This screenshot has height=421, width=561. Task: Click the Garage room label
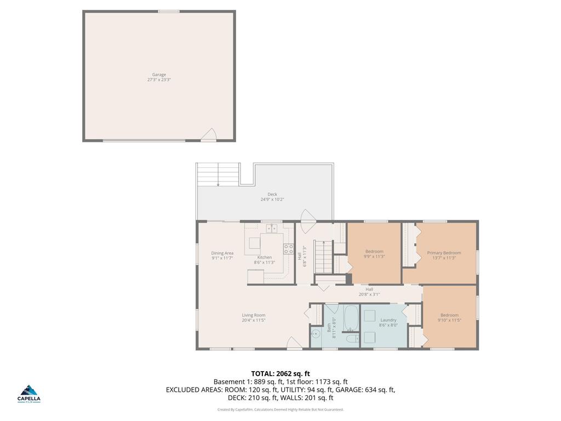pos(159,75)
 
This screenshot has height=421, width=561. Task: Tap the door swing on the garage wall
pos(209,135)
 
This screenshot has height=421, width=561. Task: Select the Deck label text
pos(272,194)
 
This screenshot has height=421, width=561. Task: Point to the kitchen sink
pos(272,227)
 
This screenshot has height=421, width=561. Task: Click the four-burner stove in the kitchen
pos(288,249)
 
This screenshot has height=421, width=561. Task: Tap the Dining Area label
pos(222,253)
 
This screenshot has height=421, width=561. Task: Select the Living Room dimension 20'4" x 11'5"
pos(254,320)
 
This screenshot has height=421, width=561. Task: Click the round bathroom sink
pos(315,333)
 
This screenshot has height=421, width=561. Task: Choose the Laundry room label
pos(388,320)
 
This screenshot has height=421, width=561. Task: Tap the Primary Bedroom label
pos(444,253)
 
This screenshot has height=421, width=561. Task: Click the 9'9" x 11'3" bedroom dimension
pos(374,257)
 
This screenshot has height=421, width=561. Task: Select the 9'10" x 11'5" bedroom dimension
pos(449,320)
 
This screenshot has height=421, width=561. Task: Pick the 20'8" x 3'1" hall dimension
pos(369,294)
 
